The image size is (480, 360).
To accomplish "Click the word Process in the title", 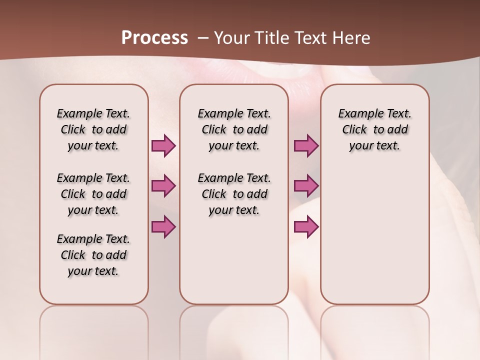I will coord(154,37).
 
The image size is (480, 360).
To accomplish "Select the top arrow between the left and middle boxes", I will coord(163,145).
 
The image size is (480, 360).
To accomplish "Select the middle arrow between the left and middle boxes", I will coord(163,186).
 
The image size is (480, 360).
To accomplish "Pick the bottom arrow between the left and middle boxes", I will coord(163,226).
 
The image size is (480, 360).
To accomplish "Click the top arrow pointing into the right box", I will coord(306,145).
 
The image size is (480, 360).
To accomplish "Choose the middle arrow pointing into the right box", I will coord(306,186).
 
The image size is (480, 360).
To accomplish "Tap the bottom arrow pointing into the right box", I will coord(306,226).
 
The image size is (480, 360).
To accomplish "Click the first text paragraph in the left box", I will coord(93,129).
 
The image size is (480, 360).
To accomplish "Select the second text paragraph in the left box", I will coord(93,194).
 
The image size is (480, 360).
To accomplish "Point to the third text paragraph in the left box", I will coord(93,255).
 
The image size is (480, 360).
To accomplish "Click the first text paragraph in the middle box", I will coord(234,129).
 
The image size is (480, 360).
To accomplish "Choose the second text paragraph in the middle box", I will coord(234,194).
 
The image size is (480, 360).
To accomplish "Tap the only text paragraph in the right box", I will coord(374,129).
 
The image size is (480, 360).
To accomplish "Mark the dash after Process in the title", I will coord(203,38).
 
